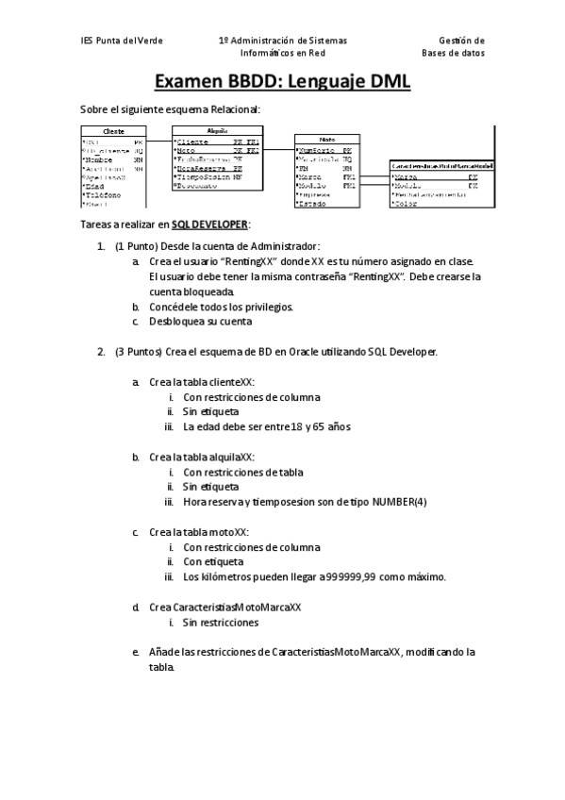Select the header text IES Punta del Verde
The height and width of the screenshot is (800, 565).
[122, 42]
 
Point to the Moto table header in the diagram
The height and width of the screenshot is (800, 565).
[326, 139]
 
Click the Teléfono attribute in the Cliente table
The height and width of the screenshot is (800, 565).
[102, 194]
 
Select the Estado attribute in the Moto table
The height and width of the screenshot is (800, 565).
[313, 203]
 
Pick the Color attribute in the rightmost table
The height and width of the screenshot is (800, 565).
[407, 203]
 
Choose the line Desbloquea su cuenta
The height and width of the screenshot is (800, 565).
[200, 322]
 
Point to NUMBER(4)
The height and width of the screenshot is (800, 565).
[400, 501]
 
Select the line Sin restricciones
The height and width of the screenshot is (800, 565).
[221, 623]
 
